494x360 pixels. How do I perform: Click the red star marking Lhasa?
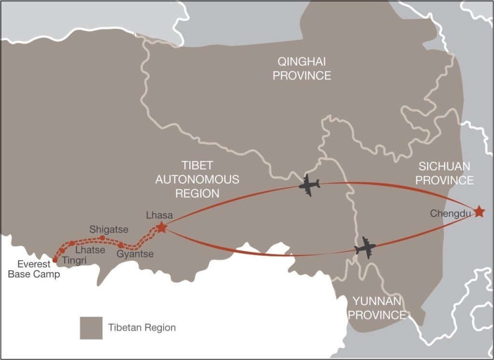[162, 227]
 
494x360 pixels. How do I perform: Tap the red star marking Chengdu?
[479, 211]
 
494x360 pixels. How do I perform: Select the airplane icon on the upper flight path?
[309, 185]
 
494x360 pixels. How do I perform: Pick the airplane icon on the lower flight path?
[365, 248]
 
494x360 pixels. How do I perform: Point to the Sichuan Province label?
[445, 173]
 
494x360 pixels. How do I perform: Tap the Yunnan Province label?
[377, 308]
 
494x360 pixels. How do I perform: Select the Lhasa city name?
[159, 215]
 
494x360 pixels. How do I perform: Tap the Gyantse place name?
[136, 254]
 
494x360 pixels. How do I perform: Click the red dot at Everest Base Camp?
[55, 260]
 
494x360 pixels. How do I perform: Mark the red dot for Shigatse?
[102, 238]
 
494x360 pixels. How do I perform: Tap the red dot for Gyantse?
[121, 246]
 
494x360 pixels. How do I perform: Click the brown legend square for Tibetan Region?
[91, 328]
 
